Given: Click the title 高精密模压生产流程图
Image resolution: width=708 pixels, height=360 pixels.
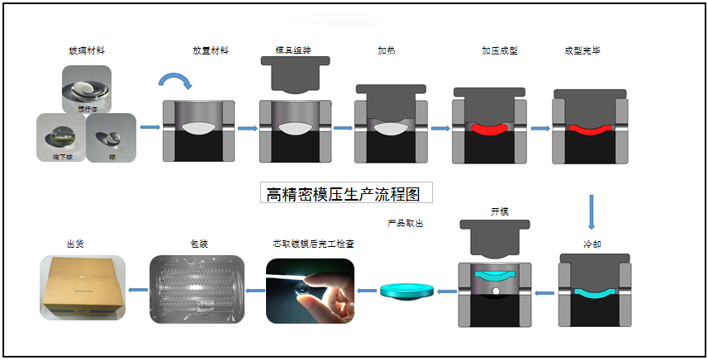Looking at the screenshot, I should click(x=344, y=195).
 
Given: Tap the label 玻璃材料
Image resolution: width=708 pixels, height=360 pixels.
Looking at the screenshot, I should click(x=86, y=51).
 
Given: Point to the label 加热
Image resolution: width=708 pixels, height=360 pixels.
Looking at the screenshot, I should click(x=387, y=51).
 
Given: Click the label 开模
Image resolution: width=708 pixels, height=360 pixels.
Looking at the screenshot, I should click(x=499, y=211).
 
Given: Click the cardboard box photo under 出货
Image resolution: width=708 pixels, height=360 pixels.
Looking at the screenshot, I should click(x=83, y=288).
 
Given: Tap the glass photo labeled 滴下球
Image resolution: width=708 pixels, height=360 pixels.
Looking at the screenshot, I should click(x=61, y=135).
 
